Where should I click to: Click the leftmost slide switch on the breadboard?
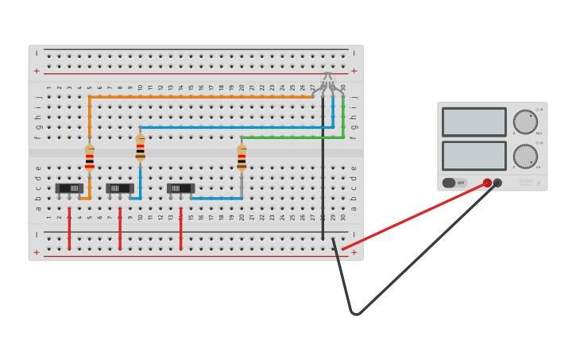click(69, 188)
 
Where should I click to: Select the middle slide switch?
click(120, 188)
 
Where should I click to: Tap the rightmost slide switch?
click(180, 188)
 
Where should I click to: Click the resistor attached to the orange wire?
click(90, 157)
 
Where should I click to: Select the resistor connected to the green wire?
click(242, 157)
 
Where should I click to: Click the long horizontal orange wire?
click(199, 97)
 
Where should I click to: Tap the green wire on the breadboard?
click(294, 137)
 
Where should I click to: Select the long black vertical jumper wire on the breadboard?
click(323, 183)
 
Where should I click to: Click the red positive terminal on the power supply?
click(487, 183)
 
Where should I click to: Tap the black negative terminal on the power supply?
click(497, 183)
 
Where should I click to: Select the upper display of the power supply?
click(474, 122)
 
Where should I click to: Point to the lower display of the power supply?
click(474, 156)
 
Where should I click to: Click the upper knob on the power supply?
click(525, 122)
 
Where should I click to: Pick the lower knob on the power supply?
click(525, 156)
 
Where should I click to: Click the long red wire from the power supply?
click(413, 216)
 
